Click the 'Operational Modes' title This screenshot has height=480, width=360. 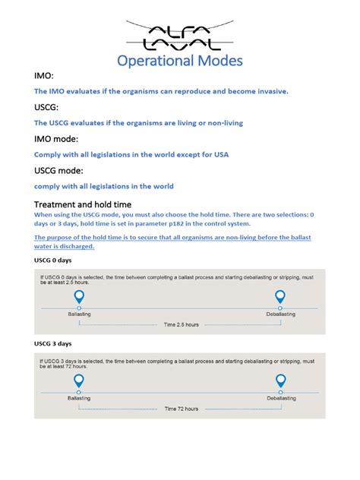coord(180,60)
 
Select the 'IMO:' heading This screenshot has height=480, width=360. coord(44,77)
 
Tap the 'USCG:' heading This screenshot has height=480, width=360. coord(47,108)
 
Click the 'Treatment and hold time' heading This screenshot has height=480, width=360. coord(83,204)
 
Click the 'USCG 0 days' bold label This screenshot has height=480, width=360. coord(53,260)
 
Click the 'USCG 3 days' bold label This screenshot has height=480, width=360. coord(53,343)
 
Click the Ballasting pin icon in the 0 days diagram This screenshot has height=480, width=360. coord(79,297)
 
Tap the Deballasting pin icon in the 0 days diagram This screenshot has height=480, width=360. coord(280,297)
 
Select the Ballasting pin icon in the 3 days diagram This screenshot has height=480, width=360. coord(79,381)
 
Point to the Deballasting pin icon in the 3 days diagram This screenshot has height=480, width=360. coord(280,381)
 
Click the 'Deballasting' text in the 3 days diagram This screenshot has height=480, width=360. coord(280,398)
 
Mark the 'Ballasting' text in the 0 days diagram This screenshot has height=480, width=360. coord(79,314)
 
